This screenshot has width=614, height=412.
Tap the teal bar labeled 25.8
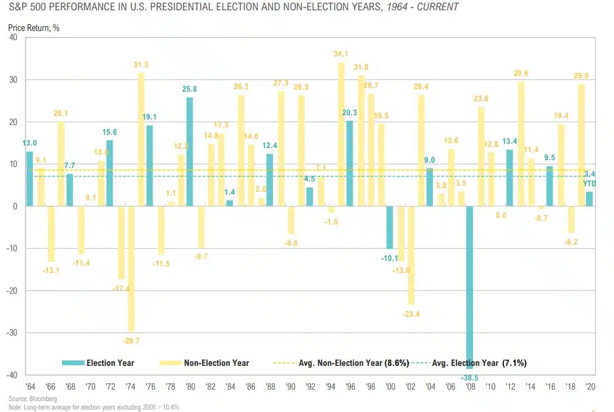click(x=190, y=152)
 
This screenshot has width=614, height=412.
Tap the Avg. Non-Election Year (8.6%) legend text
click(x=349, y=363)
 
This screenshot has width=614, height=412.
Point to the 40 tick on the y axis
click(x=13, y=38)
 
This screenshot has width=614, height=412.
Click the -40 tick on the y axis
click(x=12, y=375)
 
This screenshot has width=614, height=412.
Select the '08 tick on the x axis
click(x=470, y=387)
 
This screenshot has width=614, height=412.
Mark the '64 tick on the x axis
click(x=29, y=387)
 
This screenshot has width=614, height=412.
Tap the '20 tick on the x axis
click(x=590, y=387)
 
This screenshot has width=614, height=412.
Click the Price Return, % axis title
click(x=33, y=27)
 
